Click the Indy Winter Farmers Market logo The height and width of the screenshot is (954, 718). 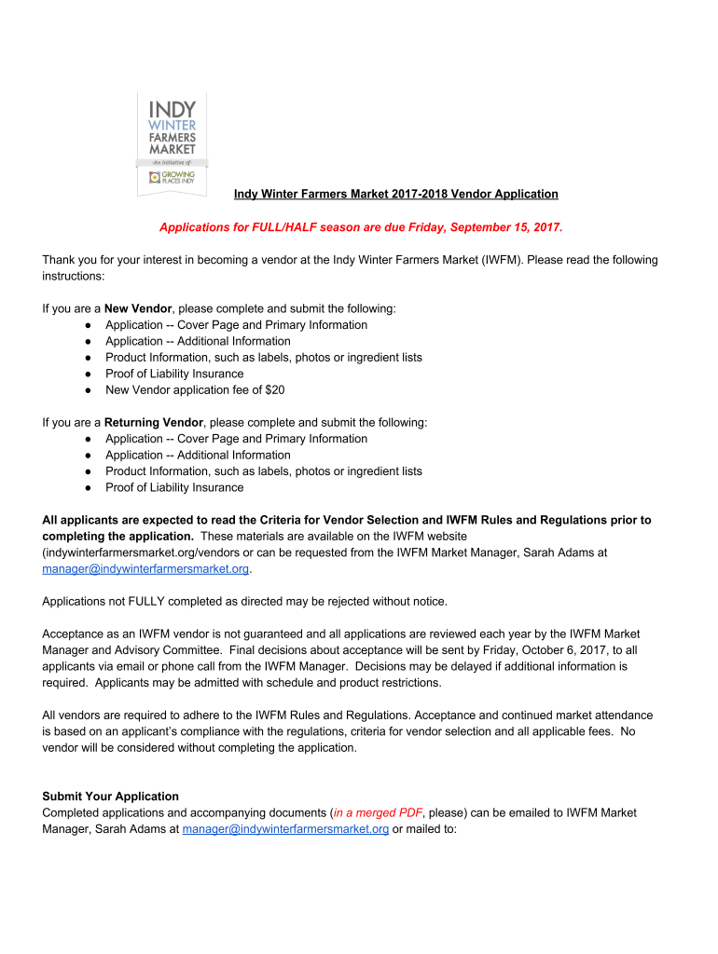click(x=172, y=143)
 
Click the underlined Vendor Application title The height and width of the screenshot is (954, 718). click(x=395, y=194)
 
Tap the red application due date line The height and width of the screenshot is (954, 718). click(x=361, y=227)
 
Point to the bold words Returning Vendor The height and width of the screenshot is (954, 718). click(x=153, y=422)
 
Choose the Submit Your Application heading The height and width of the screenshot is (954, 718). click(x=110, y=797)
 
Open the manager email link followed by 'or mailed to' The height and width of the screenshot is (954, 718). click(x=285, y=829)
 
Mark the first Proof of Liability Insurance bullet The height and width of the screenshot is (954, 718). click(x=174, y=374)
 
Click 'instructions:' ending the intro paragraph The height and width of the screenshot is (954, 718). click(x=74, y=277)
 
